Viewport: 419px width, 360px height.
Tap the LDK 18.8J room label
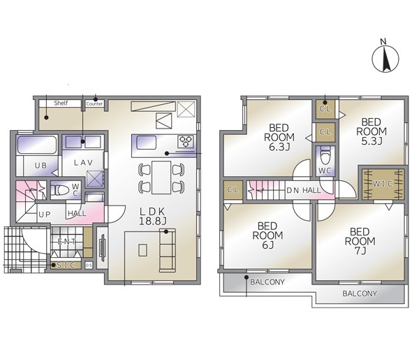click(x=152, y=216)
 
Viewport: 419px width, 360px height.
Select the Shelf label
click(x=61, y=103)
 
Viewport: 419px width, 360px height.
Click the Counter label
click(x=94, y=103)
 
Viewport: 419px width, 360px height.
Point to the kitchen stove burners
click(x=186, y=141)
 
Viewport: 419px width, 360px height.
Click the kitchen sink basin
click(x=147, y=143)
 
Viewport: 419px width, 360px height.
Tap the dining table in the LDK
click(x=161, y=178)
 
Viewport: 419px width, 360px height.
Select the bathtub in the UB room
click(x=36, y=145)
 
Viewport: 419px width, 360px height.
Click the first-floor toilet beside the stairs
click(x=61, y=190)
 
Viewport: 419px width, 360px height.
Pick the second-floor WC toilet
click(x=325, y=157)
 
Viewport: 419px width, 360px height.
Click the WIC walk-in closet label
click(x=383, y=184)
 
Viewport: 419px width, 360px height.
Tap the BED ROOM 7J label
click(x=360, y=241)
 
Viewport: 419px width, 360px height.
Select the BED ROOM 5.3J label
click(x=372, y=131)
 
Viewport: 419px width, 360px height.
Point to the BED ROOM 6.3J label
click(x=279, y=137)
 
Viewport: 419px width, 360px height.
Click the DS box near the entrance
click(x=89, y=266)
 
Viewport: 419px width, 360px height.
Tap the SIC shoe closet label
click(x=66, y=265)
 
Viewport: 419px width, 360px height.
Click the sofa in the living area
click(x=168, y=250)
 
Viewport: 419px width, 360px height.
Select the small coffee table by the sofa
click(x=142, y=250)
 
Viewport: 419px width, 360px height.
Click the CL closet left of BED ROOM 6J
click(x=233, y=190)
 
